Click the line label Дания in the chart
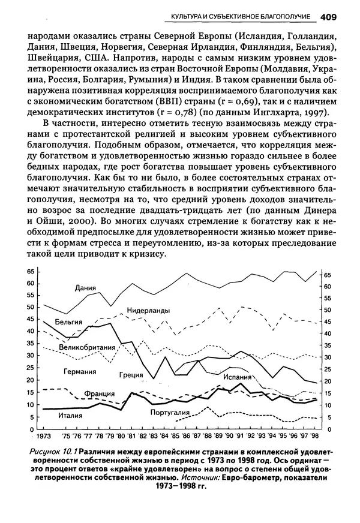[x=86, y=288]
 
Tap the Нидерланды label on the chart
[x=148, y=310]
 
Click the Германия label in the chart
[x=80, y=371]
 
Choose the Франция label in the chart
[x=100, y=394]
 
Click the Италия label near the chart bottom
[x=70, y=414]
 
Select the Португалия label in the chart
[x=170, y=413]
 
